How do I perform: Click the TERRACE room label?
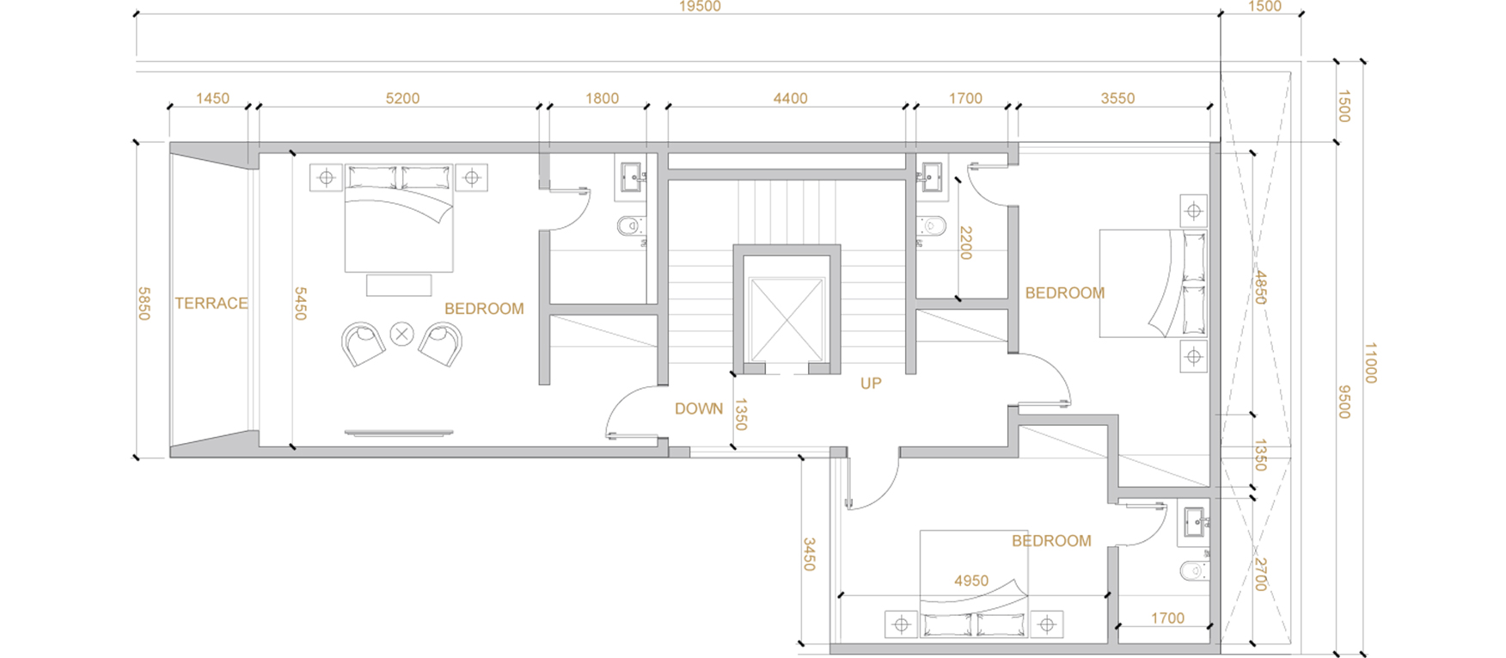pyautogui.click(x=211, y=303)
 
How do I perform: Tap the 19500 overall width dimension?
pyautogui.click(x=700, y=7)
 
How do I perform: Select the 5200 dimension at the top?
pyautogui.click(x=402, y=98)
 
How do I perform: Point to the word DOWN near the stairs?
pyautogui.click(x=699, y=409)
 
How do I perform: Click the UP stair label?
pyautogui.click(x=871, y=384)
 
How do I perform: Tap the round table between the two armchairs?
pyautogui.click(x=401, y=334)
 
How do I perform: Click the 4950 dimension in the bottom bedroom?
pyautogui.click(x=971, y=581)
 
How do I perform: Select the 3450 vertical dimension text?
pyautogui.click(x=809, y=555)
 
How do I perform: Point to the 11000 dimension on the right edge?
pyautogui.click(x=1370, y=363)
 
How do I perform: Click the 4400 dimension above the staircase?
pyautogui.click(x=790, y=98)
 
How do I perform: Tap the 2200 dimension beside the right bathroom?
pyautogui.click(x=965, y=243)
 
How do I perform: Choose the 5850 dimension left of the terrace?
pyautogui.click(x=144, y=304)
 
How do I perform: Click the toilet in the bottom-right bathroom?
pyautogui.click(x=1194, y=569)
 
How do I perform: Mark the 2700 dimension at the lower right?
pyautogui.click(x=1260, y=575)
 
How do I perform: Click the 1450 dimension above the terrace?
pyautogui.click(x=212, y=98)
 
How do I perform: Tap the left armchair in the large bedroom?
pyautogui.click(x=363, y=344)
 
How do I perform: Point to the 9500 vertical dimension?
pyautogui.click(x=1344, y=402)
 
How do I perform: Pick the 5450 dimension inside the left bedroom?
pyautogui.click(x=300, y=304)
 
